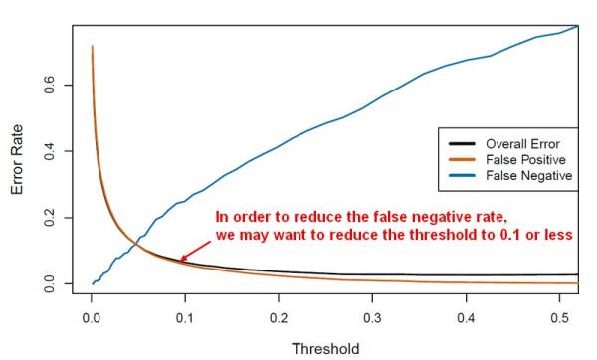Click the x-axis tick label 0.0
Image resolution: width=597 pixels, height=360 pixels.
point(92,319)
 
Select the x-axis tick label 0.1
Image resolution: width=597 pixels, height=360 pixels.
point(185,319)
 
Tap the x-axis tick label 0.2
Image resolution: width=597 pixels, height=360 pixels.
point(279,319)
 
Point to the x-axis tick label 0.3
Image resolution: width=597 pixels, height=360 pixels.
point(371,319)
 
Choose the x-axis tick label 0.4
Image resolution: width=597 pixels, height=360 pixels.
point(465,319)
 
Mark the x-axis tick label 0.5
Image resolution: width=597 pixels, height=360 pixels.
point(558,319)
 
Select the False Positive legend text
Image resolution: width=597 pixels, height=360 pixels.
point(524,159)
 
